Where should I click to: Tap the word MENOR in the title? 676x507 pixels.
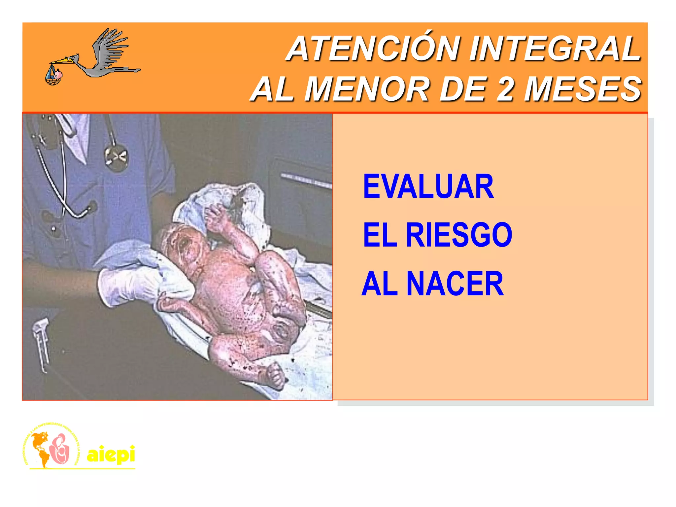pos(366,89)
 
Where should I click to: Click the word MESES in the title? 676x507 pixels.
pos(583,89)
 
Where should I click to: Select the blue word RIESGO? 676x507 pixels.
pos(459,235)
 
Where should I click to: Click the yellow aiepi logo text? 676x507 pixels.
pos(111,455)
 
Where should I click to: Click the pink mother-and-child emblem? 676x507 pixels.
pos(60,449)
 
